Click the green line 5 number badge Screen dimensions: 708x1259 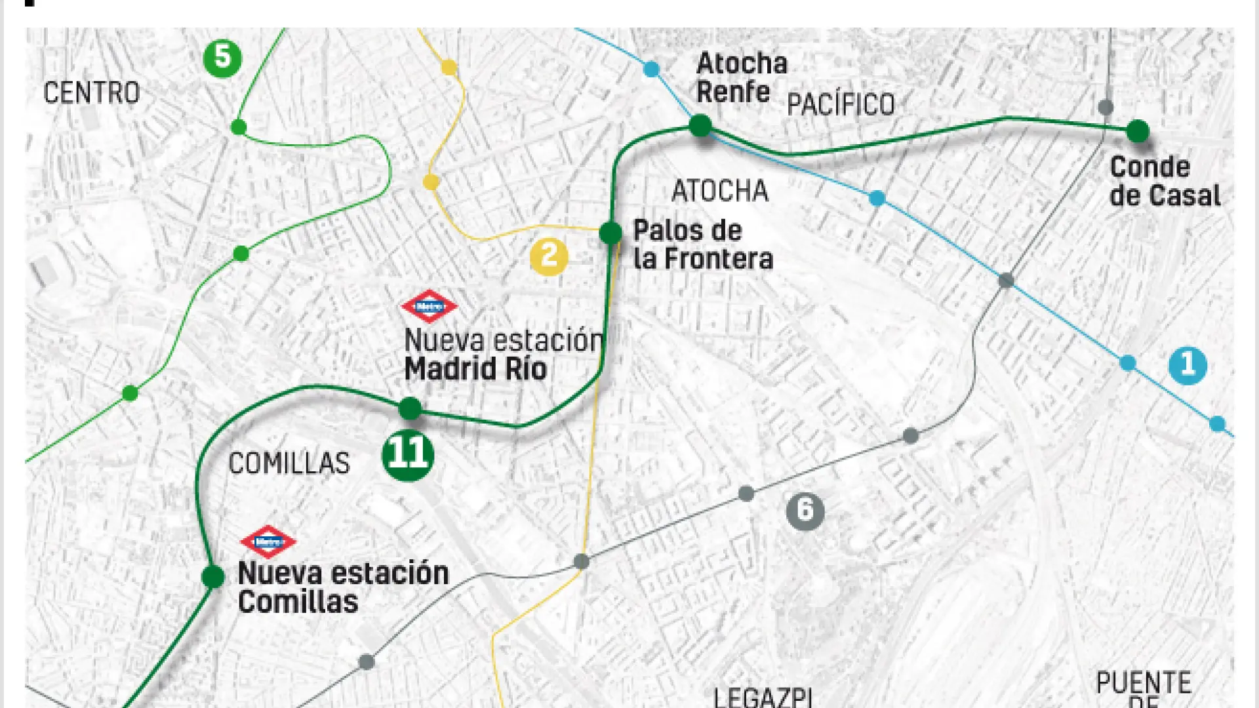tap(222, 58)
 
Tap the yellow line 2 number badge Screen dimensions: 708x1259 tap(549, 256)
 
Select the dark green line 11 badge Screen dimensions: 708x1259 tap(408, 454)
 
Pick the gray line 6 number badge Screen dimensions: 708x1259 tap(805, 511)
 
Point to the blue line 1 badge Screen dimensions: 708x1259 tap(1188, 364)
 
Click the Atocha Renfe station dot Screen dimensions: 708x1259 tap(700, 125)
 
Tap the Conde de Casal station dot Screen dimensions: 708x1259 tap(1138, 131)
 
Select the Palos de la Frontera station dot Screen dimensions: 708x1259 tap(610, 232)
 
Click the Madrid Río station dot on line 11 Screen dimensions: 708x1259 tap(410, 408)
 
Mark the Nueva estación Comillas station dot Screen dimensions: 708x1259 tap(212, 576)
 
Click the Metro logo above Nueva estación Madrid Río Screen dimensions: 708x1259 tap(430, 306)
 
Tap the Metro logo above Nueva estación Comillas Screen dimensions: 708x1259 tap(268, 541)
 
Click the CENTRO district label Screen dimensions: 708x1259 tap(92, 92)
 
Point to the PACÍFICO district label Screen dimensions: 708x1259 tap(841, 104)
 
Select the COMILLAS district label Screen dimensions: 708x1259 tap(289, 463)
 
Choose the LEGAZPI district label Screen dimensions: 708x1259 tap(763, 697)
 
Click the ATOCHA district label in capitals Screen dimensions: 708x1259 tap(720, 191)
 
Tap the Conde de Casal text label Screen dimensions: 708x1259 tap(1165, 182)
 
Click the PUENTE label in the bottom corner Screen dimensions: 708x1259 tap(1144, 684)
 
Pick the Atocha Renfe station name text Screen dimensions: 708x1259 tap(741, 77)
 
